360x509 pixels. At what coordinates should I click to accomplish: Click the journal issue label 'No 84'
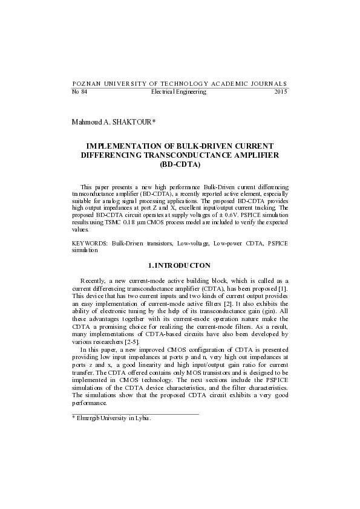pos(79,92)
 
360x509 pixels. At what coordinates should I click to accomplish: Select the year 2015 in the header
pos(281,92)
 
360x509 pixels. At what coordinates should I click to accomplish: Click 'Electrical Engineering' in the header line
pos(178,92)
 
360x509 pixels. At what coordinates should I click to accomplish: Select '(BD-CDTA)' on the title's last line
pos(180,164)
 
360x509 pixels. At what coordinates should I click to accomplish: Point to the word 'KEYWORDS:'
pos(90,243)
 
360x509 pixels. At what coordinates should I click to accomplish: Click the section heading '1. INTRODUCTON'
pos(180,265)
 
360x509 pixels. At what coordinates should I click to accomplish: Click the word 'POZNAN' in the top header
pos(85,83)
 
